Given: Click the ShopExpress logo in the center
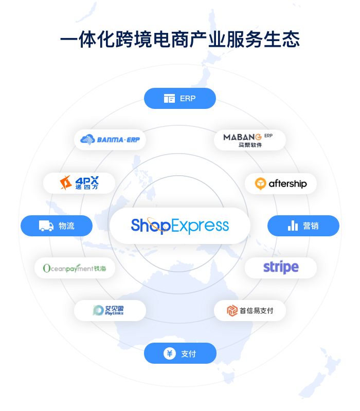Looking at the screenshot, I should pyautogui.click(x=179, y=226).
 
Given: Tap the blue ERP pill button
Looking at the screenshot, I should pyautogui.click(x=179, y=98).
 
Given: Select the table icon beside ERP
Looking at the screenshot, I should pyautogui.click(x=169, y=99).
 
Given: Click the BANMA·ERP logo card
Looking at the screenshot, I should pyautogui.click(x=110, y=140).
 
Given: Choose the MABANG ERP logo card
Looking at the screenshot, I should pyautogui.click(x=250, y=140).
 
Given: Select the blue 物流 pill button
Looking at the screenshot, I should pyautogui.click(x=57, y=226).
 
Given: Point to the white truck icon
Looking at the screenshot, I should pyautogui.click(x=46, y=226).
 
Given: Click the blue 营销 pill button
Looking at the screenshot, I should pyautogui.click(x=303, y=226).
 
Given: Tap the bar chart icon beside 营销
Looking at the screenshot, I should pyautogui.click(x=293, y=226).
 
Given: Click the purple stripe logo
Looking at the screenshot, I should pyautogui.click(x=281, y=267).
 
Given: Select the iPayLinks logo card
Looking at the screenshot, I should pyautogui.click(x=110, y=310).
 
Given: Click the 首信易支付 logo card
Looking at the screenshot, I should pyautogui.click(x=250, y=310).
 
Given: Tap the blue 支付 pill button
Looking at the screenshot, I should pyautogui.click(x=179, y=353).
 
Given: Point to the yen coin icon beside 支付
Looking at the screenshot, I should pyautogui.click(x=169, y=353).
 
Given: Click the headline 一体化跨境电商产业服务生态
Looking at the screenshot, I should pyautogui.click(x=179, y=40).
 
